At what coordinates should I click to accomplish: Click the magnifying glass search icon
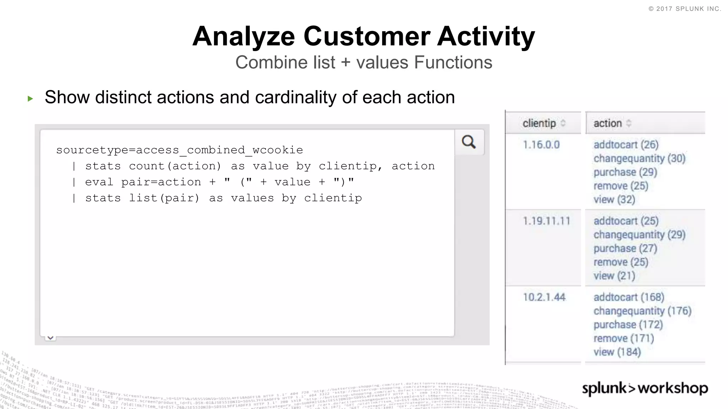click(x=469, y=142)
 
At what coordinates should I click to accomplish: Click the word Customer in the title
click(x=367, y=37)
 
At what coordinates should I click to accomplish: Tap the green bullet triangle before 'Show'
click(x=30, y=98)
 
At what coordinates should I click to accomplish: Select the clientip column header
click(x=539, y=123)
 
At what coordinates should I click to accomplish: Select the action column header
click(x=607, y=123)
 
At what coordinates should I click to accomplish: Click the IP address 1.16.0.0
click(x=541, y=145)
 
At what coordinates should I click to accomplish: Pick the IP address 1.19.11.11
click(x=546, y=221)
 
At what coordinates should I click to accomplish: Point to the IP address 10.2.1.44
click(x=544, y=297)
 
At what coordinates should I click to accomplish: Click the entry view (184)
click(x=617, y=352)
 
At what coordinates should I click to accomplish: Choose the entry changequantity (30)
click(x=639, y=158)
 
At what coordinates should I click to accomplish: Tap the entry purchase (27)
click(x=625, y=249)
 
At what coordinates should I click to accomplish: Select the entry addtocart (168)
click(x=628, y=297)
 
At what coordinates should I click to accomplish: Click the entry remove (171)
click(x=623, y=338)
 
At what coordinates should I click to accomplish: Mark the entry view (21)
click(x=614, y=276)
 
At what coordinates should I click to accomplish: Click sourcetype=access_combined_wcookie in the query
click(x=180, y=150)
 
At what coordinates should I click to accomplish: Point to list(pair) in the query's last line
click(x=164, y=198)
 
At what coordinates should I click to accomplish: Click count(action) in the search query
click(x=175, y=166)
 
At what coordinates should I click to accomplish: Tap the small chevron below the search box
click(x=50, y=338)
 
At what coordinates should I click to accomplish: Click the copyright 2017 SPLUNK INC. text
click(x=685, y=9)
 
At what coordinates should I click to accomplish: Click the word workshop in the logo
click(x=673, y=388)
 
